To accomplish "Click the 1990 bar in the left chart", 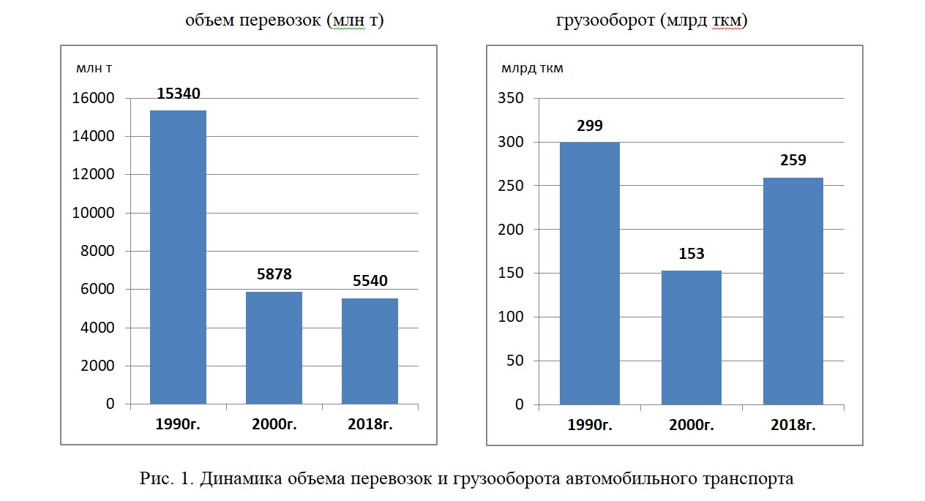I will tap(178, 257).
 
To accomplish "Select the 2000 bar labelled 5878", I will tap(274, 347).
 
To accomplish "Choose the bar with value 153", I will tap(691, 337).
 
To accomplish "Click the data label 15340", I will tap(179, 94).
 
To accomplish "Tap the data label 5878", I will tap(274, 275).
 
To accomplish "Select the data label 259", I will tap(793, 160).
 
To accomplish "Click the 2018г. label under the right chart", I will tap(793, 425).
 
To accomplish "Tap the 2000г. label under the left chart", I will tap(274, 425).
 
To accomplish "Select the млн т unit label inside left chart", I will tap(94, 69).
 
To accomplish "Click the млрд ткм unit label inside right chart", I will tap(532, 69).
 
